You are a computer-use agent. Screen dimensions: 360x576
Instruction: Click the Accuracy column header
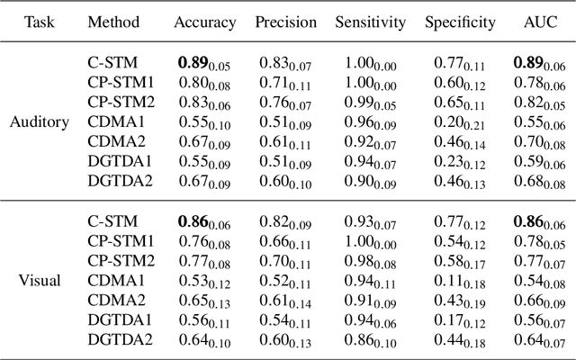tap(205, 22)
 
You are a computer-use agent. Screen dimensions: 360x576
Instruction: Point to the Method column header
tap(113, 22)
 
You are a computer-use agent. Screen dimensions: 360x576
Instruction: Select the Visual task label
tap(40, 280)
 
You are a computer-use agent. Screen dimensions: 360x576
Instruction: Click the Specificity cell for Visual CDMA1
tap(460, 281)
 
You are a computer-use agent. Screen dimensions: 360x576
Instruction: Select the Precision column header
tap(286, 22)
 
